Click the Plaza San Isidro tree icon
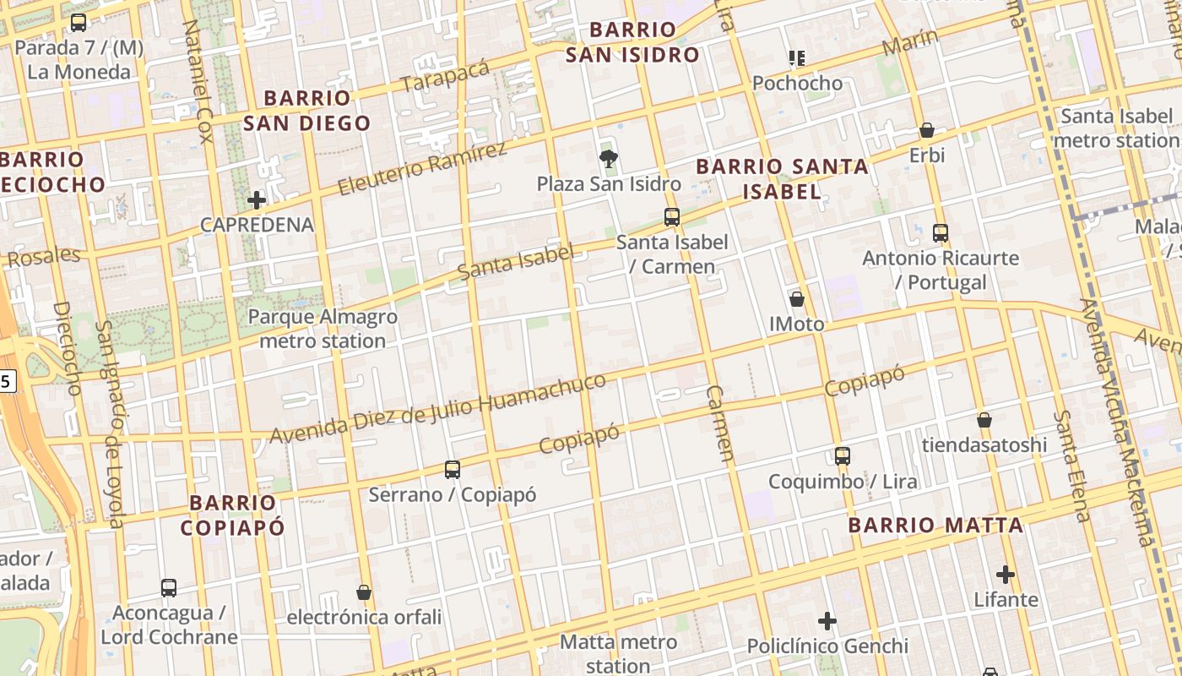607,158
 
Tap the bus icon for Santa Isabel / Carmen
672,217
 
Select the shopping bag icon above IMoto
796,299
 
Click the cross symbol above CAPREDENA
257,200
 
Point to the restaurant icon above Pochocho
797,58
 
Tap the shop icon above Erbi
926,130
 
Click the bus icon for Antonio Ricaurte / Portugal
941,232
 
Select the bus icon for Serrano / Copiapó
453,469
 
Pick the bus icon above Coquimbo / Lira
842,456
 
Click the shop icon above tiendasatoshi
984,420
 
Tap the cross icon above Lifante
1005,575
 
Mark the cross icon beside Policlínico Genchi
827,622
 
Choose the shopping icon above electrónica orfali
364,592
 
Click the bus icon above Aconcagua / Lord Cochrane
169,587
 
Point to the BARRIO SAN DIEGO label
306,111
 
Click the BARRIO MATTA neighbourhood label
935,526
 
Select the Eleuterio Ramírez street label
422,169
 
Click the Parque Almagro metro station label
323,330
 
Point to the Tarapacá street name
445,77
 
